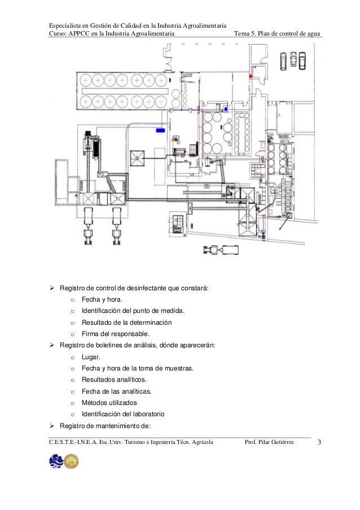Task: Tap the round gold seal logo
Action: point(72,461)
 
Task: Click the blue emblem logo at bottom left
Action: point(56,461)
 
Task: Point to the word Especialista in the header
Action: point(65,25)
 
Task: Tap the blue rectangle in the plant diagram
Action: point(161,130)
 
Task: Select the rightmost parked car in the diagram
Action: point(303,59)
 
